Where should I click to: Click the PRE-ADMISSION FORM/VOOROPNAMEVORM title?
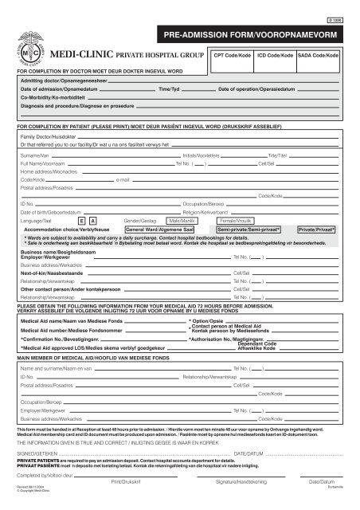point(272,37)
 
